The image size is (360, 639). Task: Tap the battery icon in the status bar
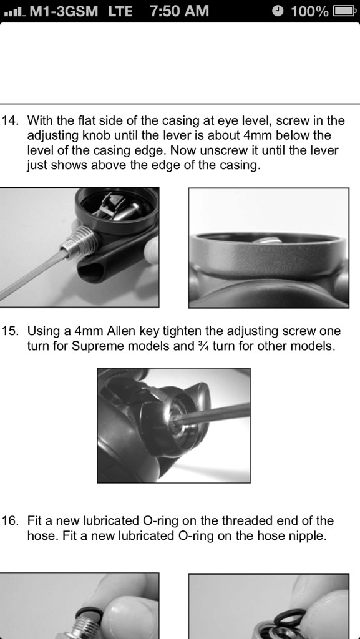coord(344,11)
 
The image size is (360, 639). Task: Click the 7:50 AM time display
coord(179,11)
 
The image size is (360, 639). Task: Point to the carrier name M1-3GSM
coord(64,11)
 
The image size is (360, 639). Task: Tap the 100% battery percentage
coord(309,11)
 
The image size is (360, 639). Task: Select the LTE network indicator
coord(120,11)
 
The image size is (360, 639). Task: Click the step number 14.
coord(11,120)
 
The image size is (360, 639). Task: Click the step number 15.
coord(11,331)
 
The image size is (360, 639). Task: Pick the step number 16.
coord(11,521)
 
